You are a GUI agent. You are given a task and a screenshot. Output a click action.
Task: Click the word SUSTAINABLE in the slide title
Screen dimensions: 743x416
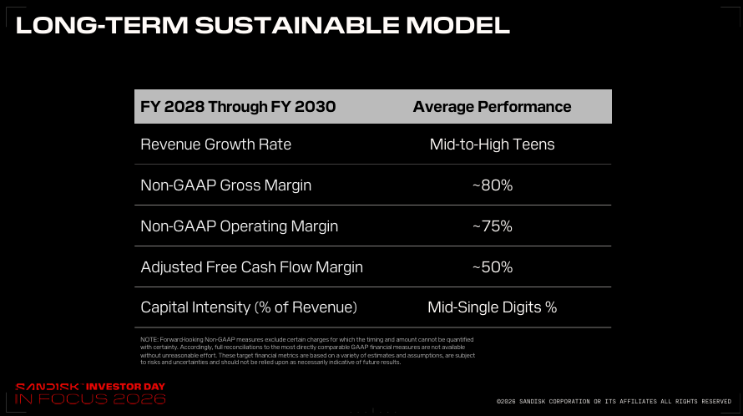coord(297,25)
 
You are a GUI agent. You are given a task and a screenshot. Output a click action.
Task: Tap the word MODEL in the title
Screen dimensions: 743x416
coord(457,25)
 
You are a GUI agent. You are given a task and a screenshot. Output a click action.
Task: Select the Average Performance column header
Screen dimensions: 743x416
coord(492,107)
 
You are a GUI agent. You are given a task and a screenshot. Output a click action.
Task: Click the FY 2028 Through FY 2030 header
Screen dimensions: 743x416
coord(238,107)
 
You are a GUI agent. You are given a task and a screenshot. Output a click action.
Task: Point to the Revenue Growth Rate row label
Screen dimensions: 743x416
coord(215,145)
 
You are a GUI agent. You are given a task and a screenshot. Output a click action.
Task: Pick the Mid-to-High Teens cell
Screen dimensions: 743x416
coord(492,145)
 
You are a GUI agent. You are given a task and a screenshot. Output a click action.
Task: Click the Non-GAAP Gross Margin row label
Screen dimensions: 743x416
coord(226,185)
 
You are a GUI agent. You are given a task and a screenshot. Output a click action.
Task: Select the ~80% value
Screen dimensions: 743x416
coord(493,185)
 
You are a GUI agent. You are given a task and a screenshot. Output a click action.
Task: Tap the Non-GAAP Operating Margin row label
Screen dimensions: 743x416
coord(240,226)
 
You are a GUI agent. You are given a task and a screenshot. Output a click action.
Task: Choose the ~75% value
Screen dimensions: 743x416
coord(493,226)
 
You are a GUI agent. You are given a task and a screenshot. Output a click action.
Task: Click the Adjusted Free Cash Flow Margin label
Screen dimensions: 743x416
coord(251,267)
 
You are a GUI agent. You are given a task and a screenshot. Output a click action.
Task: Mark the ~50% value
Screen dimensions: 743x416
coord(493,267)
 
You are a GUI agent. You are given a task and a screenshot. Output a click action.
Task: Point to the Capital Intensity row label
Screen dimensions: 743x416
coord(249,307)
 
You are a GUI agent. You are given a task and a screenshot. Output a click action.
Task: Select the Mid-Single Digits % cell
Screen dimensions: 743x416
coord(492,307)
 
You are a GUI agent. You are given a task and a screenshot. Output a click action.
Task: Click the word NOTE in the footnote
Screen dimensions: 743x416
coord(149,340)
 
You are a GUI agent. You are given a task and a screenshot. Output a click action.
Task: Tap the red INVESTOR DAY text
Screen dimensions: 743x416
coord(125,387)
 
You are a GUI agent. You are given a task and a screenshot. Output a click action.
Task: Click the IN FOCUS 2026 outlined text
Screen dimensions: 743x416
coord(90,398)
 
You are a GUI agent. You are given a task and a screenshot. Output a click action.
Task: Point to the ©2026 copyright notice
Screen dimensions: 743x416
coord(614,401)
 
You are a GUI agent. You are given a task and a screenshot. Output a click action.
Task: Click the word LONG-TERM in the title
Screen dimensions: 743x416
coord(103,25)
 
